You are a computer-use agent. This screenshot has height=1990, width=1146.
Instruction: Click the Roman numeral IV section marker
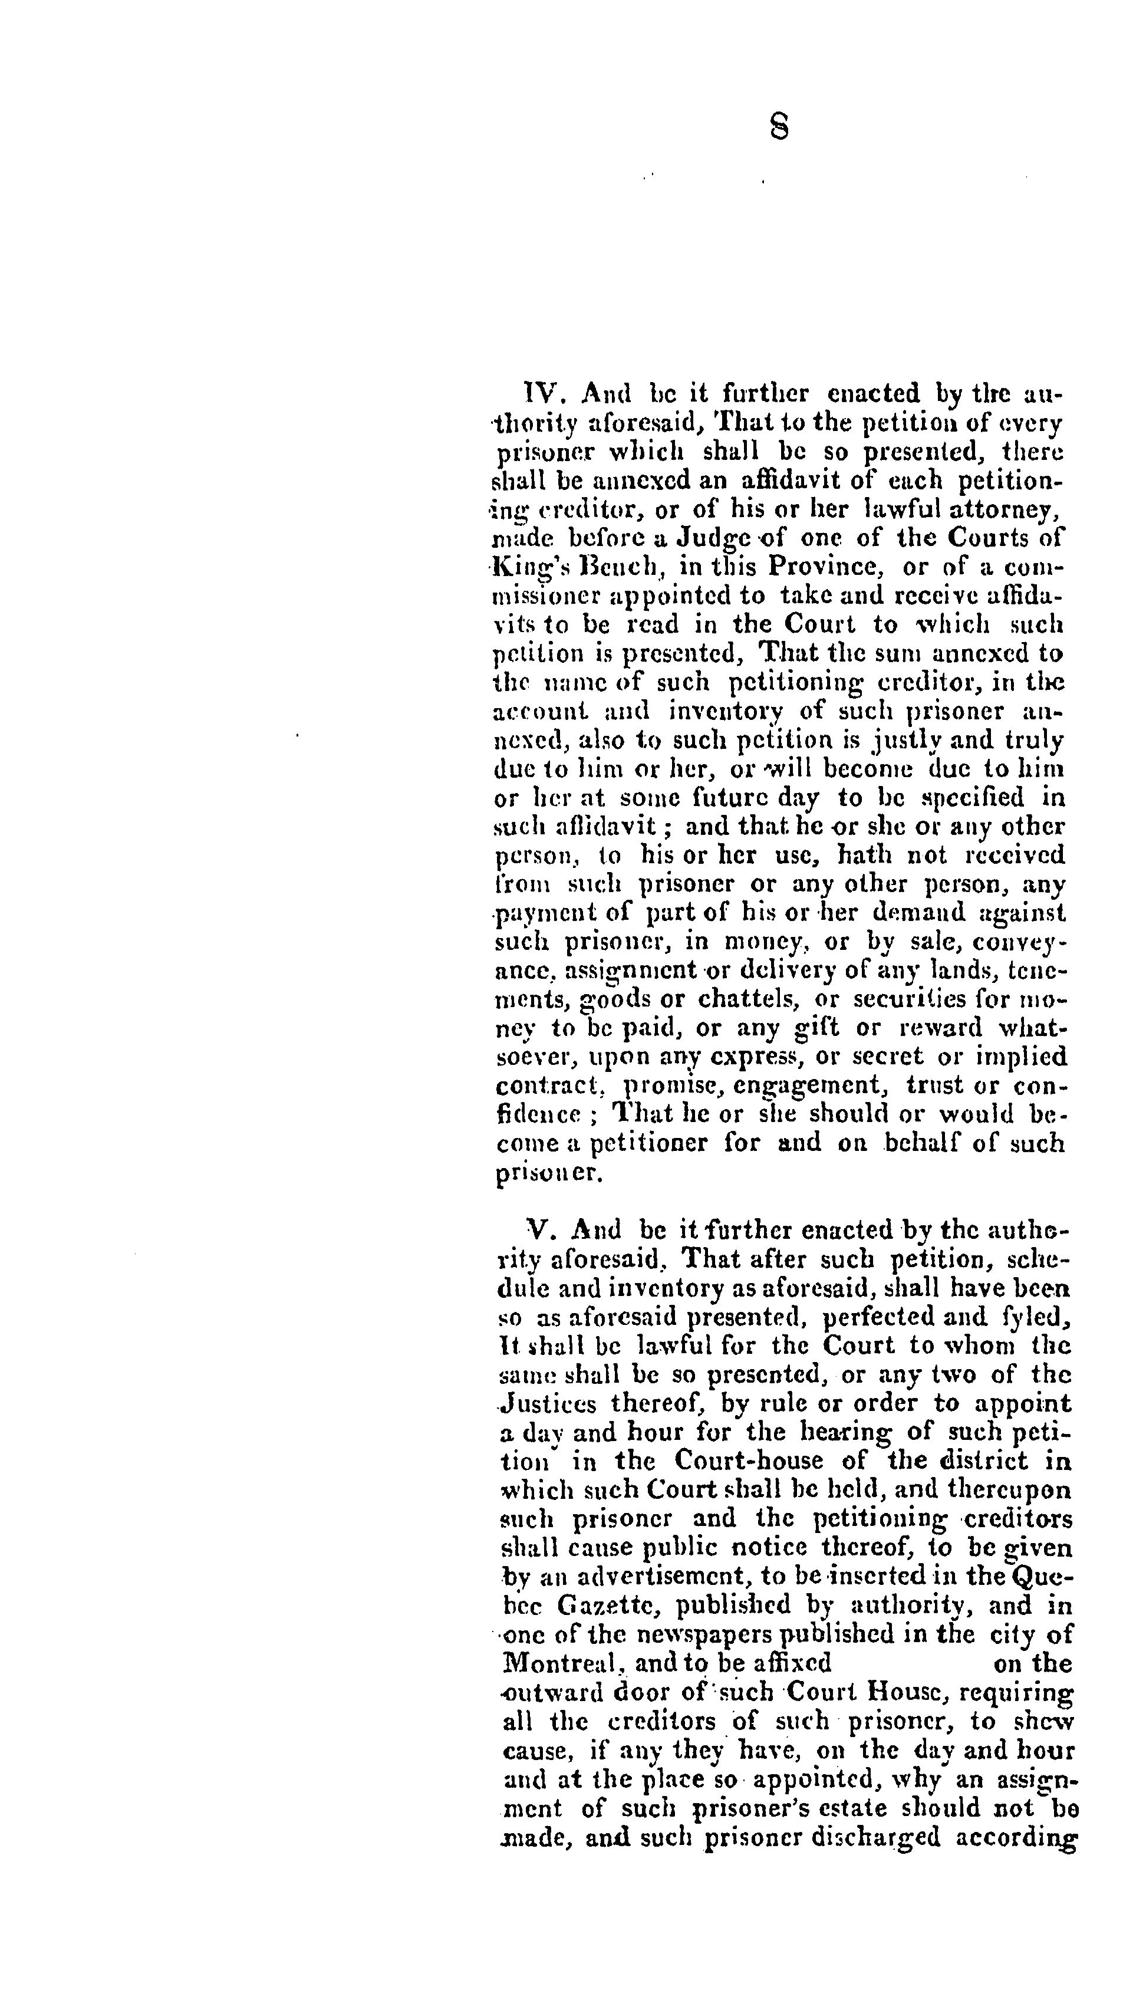tap(541, 393)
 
